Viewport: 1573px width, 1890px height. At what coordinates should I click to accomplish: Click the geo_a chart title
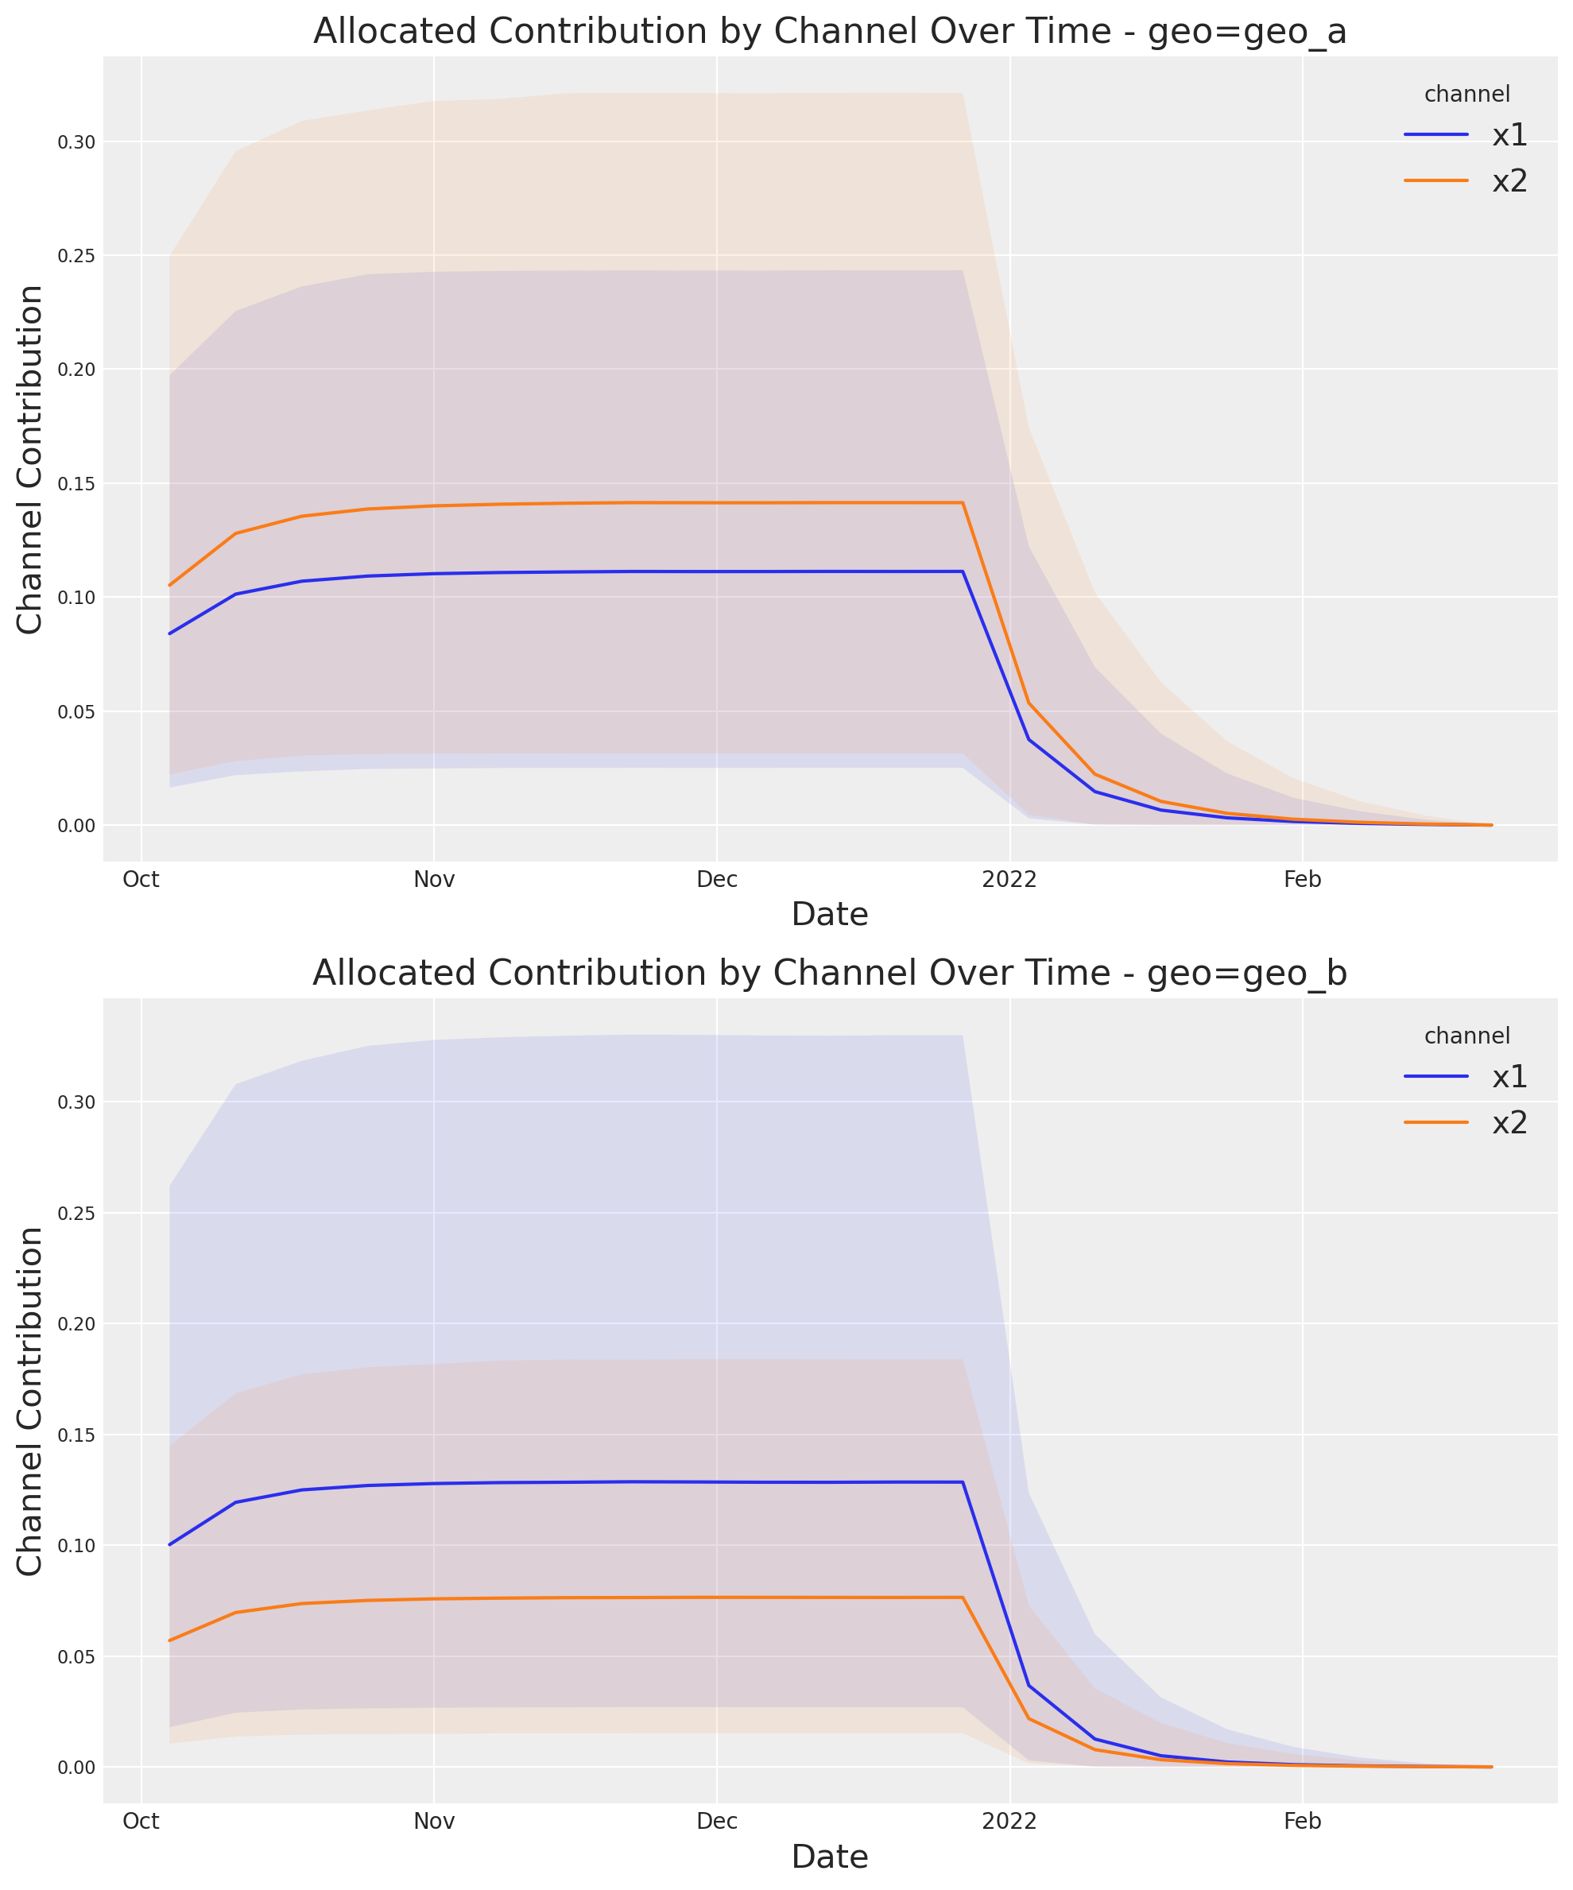click(829, 33)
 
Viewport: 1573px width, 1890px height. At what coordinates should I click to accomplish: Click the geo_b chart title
click(829, 974)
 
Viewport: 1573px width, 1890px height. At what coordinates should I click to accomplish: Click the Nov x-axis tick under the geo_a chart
click(434, 880)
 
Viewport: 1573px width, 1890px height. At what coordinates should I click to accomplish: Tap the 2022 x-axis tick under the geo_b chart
click(1009, 1822)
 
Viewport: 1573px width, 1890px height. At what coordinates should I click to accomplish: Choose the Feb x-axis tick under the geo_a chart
click(1302, 880)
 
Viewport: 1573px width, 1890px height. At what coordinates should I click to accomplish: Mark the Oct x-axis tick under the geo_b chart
click(141, 1822)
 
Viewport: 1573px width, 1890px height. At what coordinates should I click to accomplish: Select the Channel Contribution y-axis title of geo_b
click(29, 1400)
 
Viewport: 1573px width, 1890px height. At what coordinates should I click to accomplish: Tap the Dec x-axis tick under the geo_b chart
click(717, 1822)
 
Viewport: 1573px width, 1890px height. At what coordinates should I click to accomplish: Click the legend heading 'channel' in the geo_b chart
click(1466, 1036)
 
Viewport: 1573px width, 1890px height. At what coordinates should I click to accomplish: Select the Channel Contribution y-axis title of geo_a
click(29, 459)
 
